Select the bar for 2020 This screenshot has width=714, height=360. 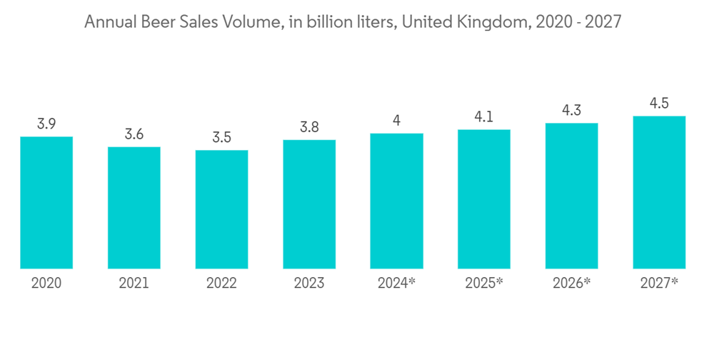[x=46, y=202]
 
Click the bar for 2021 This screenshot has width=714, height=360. [x=134, y=207]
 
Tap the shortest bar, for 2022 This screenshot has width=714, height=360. [x=221, y=209]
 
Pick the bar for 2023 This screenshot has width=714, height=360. [x=309, y=204]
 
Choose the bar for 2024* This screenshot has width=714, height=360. [x=396, y=201]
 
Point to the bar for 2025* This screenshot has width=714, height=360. [x=484, y=199]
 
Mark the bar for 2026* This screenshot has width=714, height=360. [x=571, y=196]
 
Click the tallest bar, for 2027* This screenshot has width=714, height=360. [x=659, y=192]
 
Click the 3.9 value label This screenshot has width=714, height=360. [x=46, y=124]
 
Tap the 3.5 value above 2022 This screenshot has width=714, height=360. [x=221, y=137]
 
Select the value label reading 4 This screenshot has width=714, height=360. [x=396, y=121]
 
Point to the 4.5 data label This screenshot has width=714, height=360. [x=659, y=104]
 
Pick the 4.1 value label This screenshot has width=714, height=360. [x=484, y=116]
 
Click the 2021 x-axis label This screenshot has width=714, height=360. [x=134, y=284]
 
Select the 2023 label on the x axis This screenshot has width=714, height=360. [x=309, y=284]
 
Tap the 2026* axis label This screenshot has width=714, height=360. [x=571, y=284]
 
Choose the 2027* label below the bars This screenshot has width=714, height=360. [x=659, y=284]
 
